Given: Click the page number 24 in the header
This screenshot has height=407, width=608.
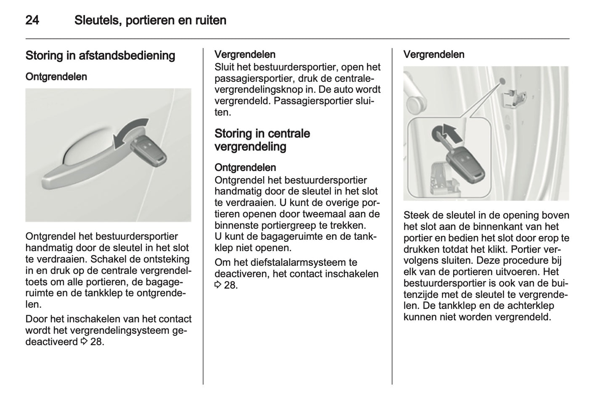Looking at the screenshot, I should tap(32, 20).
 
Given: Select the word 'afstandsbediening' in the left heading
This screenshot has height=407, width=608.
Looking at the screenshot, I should tap(127, 56).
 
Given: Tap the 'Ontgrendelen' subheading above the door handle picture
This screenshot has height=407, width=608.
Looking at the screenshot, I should tap(56, 77).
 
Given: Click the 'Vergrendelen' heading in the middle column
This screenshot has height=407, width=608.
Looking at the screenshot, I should tap(245, 54).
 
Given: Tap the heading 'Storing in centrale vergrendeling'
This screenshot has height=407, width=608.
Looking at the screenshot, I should tap(262, 140).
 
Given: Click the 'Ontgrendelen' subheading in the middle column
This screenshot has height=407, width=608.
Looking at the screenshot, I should tap(245, 167).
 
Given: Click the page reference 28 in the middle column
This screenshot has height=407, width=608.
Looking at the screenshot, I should tap(230, 285).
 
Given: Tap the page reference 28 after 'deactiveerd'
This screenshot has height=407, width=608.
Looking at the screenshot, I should tap(96, 342).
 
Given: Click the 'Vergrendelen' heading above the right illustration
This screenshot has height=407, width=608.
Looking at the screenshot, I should tap(434, 54).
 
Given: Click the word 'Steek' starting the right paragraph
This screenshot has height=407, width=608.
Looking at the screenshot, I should tap(416, 215).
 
